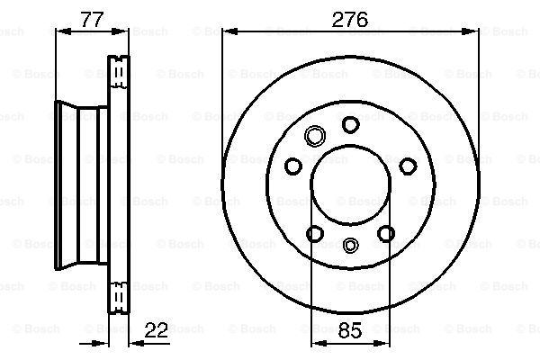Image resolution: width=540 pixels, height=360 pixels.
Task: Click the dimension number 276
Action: (349, 19)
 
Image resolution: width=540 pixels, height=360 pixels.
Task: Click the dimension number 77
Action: (92, 19)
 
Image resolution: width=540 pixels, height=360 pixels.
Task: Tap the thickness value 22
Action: (156, 330)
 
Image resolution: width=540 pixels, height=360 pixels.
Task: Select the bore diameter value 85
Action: (350, 330)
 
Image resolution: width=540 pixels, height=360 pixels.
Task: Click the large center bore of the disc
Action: (350, 185)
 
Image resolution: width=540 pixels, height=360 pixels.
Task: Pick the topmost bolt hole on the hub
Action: (351, 124)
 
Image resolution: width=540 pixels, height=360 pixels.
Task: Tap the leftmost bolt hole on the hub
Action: (293, 166)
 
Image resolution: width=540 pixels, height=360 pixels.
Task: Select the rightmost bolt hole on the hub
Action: (408, 166)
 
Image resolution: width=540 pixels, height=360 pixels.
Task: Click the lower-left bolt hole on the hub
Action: (315, 233)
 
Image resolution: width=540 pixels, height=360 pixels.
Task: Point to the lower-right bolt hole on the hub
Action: (386, 233)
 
